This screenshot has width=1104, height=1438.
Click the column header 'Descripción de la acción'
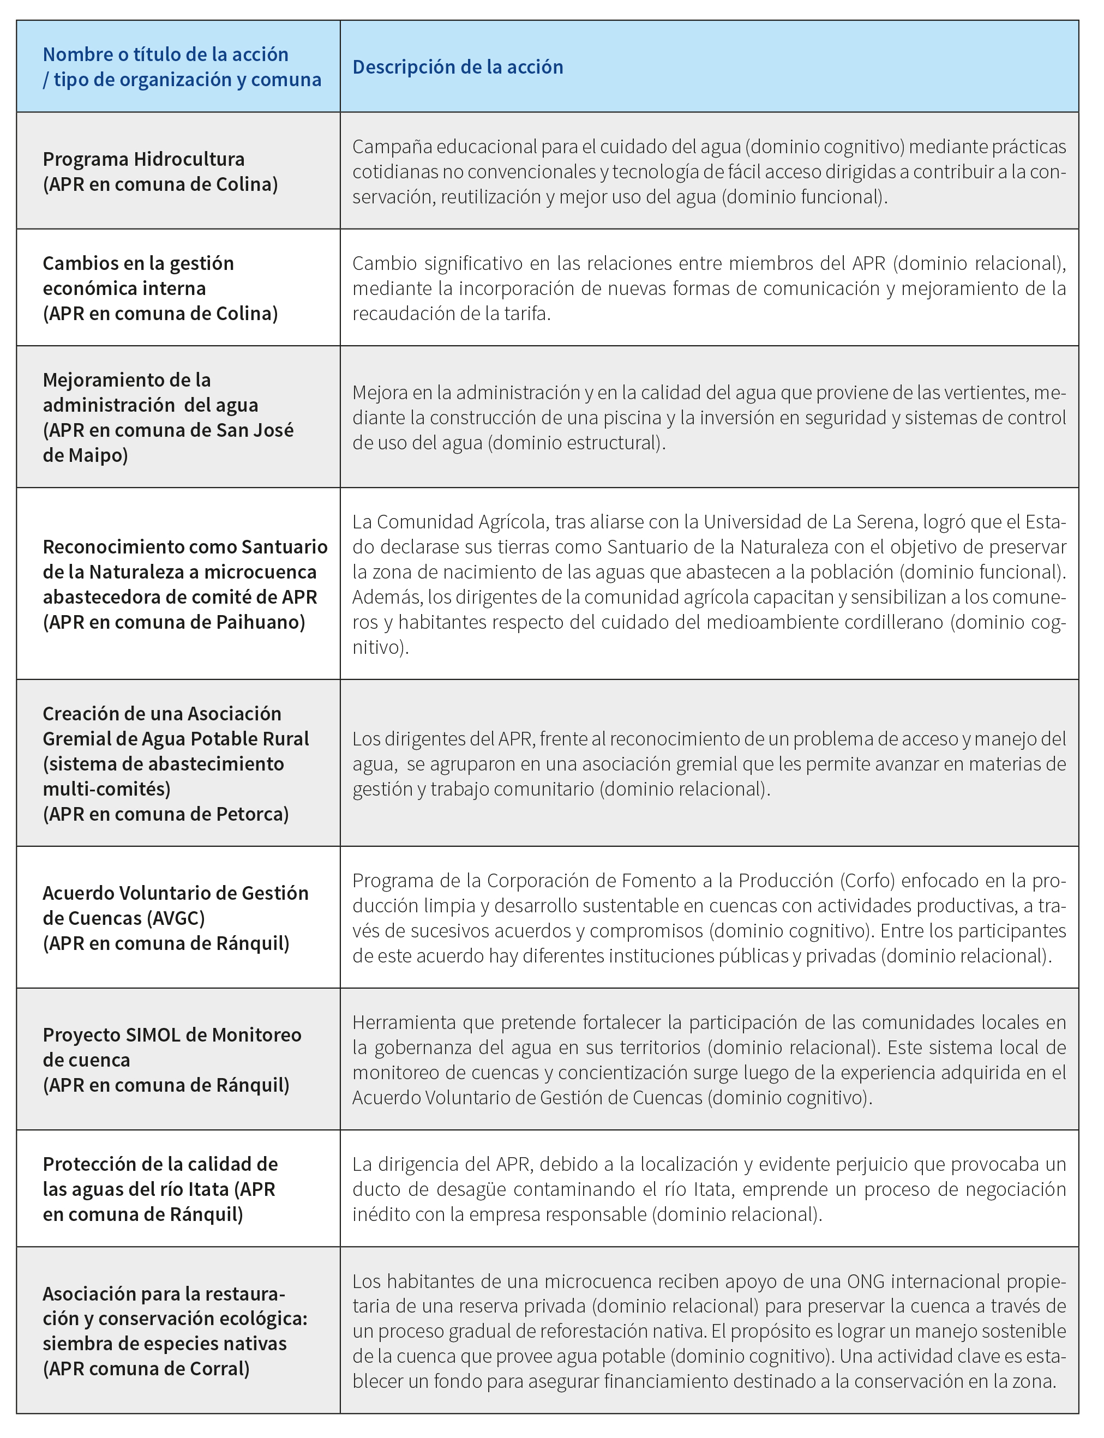coord(458,67)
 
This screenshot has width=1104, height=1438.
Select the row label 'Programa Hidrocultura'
coord(143,159)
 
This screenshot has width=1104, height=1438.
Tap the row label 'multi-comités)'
coord(106,789)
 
